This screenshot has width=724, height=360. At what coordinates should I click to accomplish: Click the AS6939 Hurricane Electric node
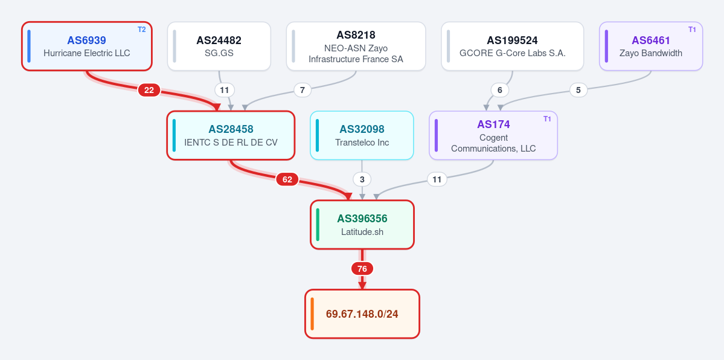[x=87, y=47]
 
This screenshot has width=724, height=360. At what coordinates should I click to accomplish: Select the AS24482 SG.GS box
[x=219, y=47]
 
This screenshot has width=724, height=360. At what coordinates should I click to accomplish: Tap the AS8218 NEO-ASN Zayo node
[x=356, y=47]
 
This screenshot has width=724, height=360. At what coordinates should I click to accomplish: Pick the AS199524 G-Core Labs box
[x=513, y=47]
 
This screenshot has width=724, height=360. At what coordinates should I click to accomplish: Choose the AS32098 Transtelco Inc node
[x=362, y=135]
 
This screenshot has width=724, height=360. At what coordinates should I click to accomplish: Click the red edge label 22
[x=149, y=90]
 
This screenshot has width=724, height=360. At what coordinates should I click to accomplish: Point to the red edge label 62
[x=287, y=179]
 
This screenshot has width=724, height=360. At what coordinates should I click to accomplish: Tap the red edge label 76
[x=362, y=269]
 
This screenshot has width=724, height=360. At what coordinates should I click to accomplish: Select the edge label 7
[x=303, y=90]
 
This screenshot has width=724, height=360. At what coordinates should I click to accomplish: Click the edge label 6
[x=499, y=90]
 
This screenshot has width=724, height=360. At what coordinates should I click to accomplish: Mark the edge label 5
[x=578, y=90]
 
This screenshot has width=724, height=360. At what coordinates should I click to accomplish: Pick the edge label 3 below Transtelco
[x=362, y=179]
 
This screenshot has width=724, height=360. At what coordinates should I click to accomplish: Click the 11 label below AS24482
[x=225, y=90]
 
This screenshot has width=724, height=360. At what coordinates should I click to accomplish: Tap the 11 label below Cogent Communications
[x=437, y=179]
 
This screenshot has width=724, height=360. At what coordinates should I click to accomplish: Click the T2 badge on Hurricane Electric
[x=142, y=30]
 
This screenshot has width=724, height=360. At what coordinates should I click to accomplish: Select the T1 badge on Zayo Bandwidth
[x=692, y=30]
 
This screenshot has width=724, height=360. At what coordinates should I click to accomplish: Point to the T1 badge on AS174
[x=547, y=119]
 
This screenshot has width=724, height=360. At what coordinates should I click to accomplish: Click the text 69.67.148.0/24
[x=362, y=314]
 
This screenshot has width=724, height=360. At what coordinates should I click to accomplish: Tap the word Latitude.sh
[x=362, y=232]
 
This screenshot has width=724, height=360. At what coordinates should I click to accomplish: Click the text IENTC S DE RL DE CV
[x=231, y=143]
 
